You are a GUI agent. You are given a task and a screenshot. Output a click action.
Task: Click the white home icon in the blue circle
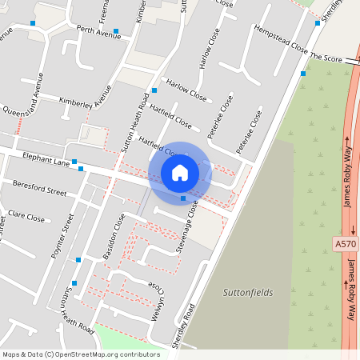tap(180, 172)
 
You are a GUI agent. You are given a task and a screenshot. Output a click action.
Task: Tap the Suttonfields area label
tap(247, 293)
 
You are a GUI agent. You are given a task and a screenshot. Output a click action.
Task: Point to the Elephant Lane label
tap(46, 161)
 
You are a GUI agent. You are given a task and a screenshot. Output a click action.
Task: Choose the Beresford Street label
tap(40, 192)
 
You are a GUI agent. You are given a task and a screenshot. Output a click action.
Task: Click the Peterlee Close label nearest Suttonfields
tap(249, 133)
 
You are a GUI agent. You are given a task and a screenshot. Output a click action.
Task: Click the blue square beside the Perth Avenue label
tap(117, 32)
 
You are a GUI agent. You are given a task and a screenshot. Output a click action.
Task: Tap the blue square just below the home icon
tap(183, 198)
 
